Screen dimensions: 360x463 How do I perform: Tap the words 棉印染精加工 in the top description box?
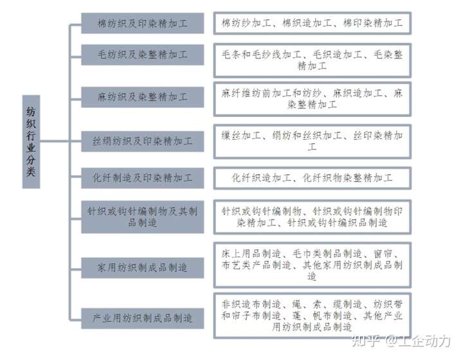tap(372, 23)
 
